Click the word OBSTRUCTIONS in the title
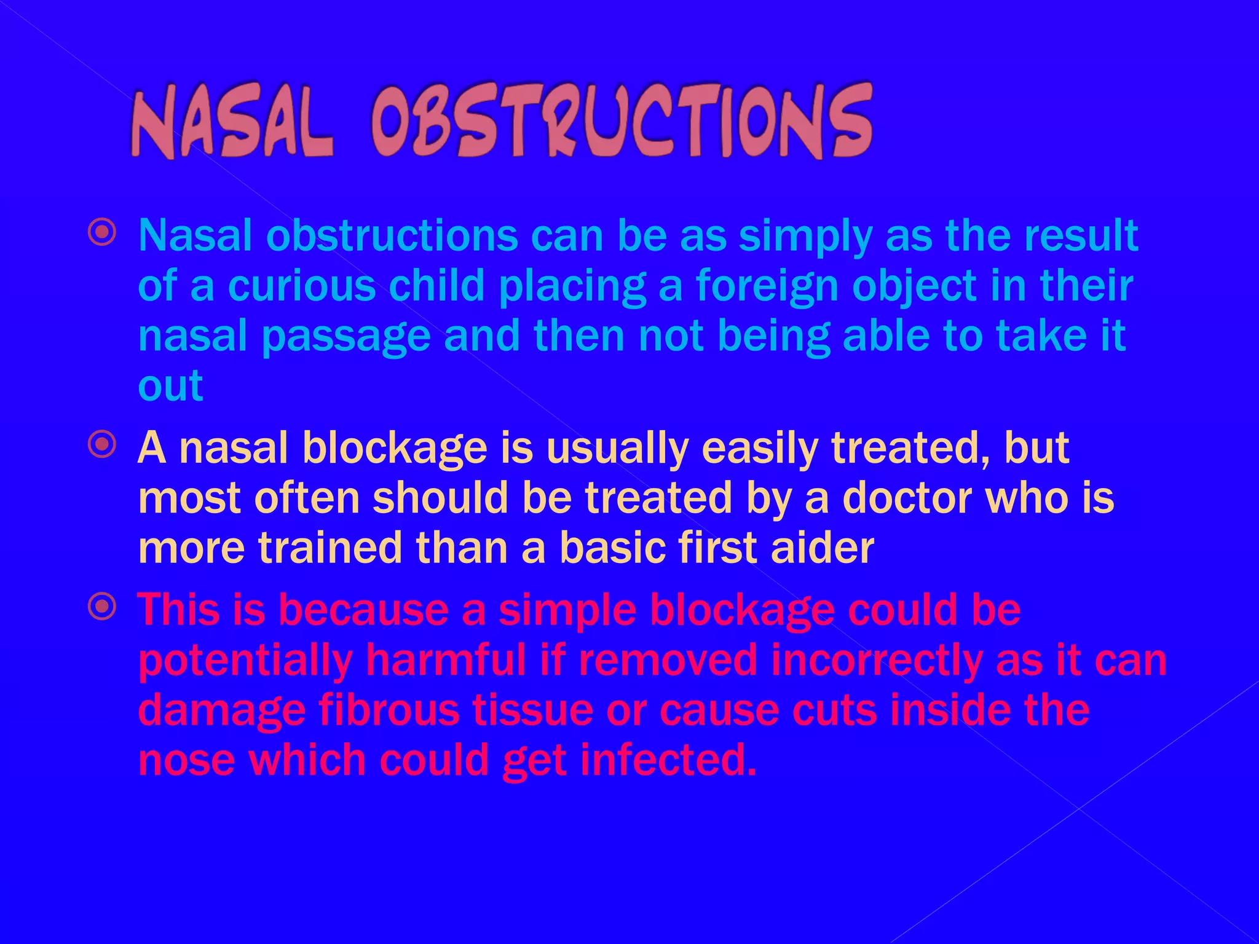[x=621, y=121]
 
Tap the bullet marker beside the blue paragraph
[x=102, y=232]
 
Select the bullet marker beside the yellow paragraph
[x=102, y=444]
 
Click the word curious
[x=302, y=286]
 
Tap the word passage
[x=346, y=337]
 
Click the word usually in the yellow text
[x=617, y=449]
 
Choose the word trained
[x=330, y=548]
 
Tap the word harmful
[x=446, y=661]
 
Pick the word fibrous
[x=389, y=710]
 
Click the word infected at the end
[x=667, y=760]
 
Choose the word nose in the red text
[x=186, y=760]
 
